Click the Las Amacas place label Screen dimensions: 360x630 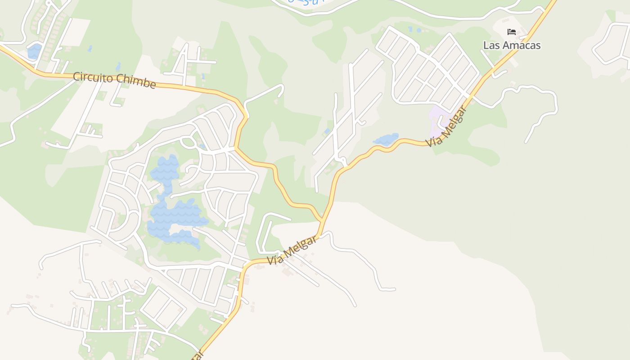512,45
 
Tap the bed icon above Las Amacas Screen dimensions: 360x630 512,31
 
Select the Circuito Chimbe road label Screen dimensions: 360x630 114,80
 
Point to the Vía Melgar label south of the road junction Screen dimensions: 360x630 292,250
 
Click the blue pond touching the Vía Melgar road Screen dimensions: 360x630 386,139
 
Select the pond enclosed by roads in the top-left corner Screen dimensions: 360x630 34,51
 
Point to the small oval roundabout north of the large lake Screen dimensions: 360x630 188,142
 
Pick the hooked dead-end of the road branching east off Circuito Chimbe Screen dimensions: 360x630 281,92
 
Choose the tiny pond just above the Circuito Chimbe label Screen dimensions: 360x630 118,67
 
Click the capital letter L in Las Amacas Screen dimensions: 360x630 486,45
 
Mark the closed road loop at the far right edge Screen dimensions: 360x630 612,43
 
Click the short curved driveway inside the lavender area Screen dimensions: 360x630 441,120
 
